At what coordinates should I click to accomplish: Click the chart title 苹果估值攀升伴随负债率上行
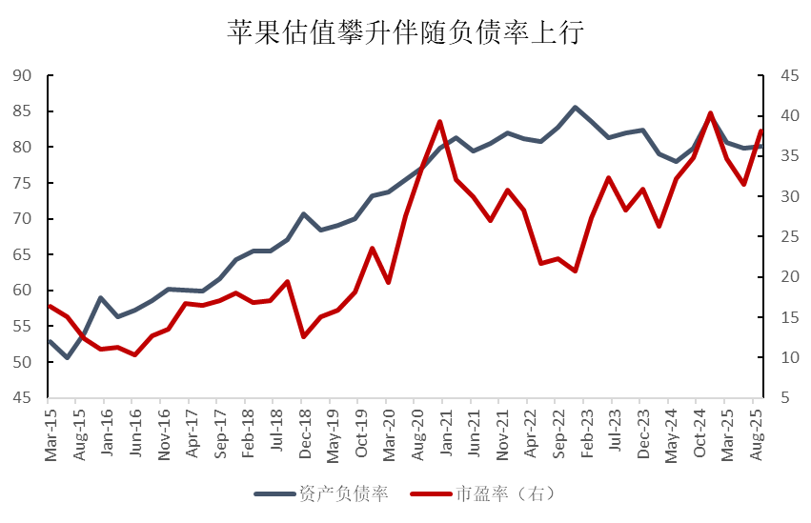pyautogui.click(x=404, y=33)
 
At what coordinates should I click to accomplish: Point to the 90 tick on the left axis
pyautogui.click(x=23, y=76)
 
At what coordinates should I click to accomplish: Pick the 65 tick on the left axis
pyautogui.click(x=23, y=255)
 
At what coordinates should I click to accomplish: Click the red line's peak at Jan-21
pyautogui.click(x=439, y=122)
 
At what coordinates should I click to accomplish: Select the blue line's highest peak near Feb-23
pyautogui.click(x=575, y=108)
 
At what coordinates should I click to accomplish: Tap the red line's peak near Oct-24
pyautogui.click(x=710, y=113)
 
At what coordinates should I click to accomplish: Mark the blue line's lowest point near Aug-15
pyautogui.click(x=67, y=357)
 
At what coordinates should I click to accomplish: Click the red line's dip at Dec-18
pyautogui.click(x=304, y=336)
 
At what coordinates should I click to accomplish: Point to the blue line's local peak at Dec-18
pyautogui.click(x=304, y=213)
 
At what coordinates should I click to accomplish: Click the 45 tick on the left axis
pyautogui.click(x=23, y=398)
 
